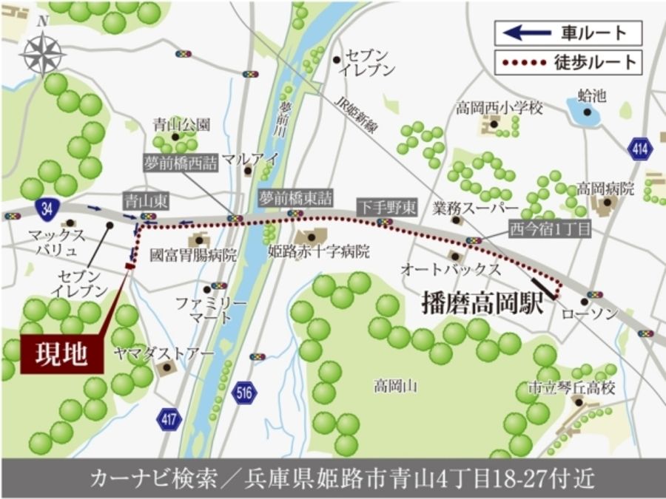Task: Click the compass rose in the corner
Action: click(x=43, y=52)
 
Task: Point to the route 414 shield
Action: click(x=641, y=149)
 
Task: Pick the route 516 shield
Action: click(x=243, y=393)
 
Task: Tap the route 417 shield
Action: click(x=169, y=419)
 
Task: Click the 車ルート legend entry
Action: click(x=568, y=33)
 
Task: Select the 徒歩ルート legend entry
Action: click(x=568, y=62)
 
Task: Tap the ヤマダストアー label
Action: click(x=164, y=353)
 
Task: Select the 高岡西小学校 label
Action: click(x=499, y=109)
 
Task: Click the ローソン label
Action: click(x=591, y=314)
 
